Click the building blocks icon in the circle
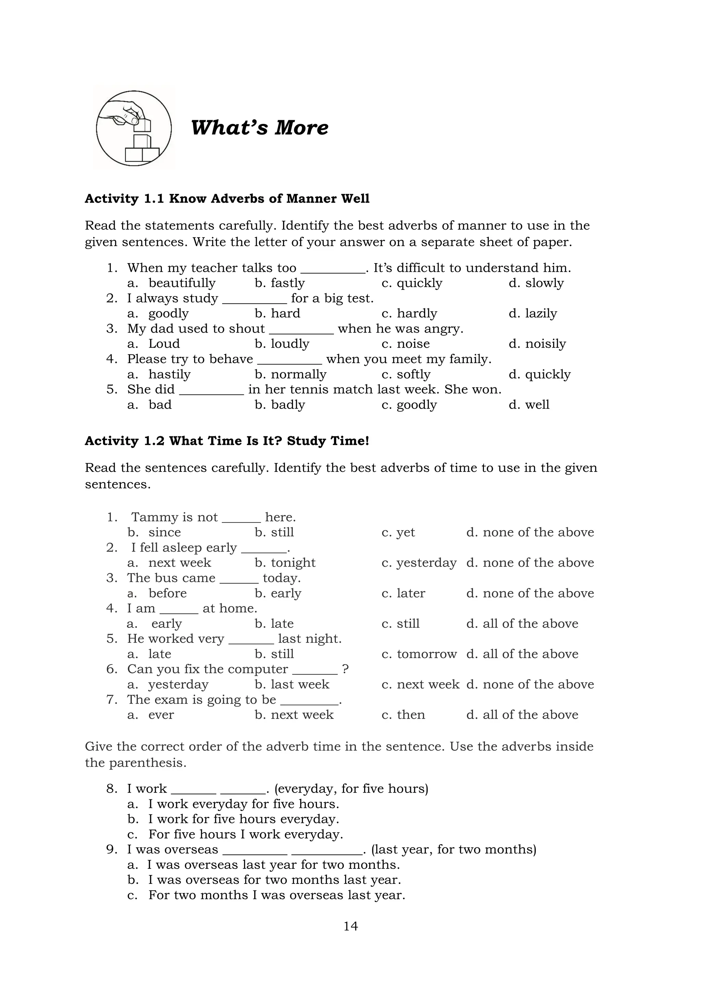(134, 128)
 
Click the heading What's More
(259, 128)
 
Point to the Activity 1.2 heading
(227, 441)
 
